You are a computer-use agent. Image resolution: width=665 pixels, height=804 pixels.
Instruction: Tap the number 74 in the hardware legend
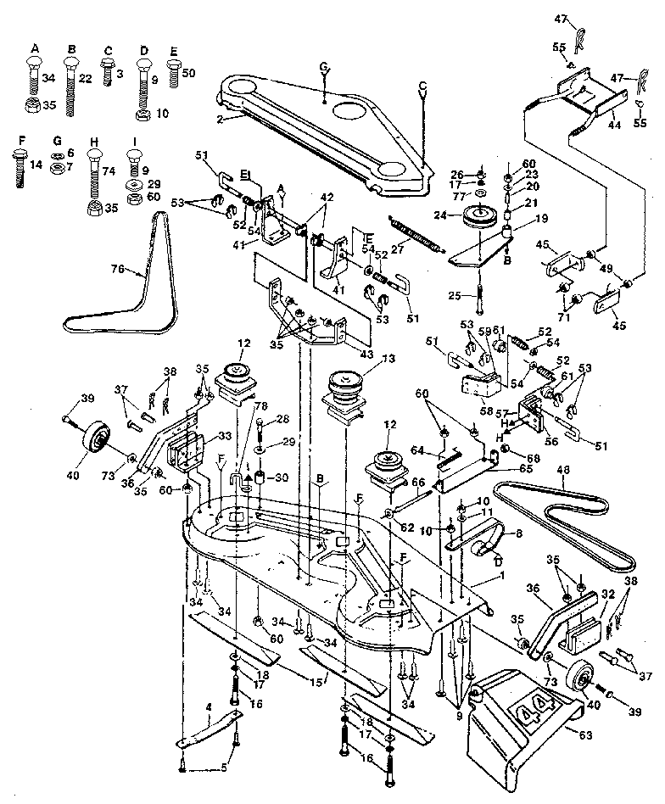(x=107, y=170)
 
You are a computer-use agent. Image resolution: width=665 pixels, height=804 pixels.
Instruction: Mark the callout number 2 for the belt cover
(x=220, y=120)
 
